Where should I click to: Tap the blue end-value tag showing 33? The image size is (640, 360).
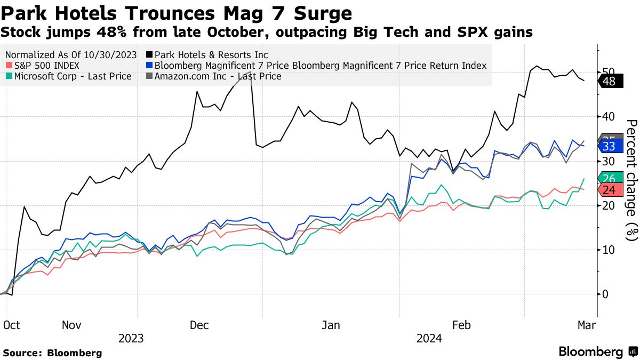click(x=609, y=146)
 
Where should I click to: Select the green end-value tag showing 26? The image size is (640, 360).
click(x=609, y=179)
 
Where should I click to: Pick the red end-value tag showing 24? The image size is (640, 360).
click(x=609, y=190)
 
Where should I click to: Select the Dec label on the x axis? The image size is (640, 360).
click(x=199, y=325)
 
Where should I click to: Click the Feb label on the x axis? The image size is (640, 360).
click(x=461, y=325)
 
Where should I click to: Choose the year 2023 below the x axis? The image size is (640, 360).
click(x=131, y=339)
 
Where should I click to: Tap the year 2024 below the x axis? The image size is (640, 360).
click(x=429, y=339)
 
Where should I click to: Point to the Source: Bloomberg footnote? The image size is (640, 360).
click(x=52, y=353)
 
